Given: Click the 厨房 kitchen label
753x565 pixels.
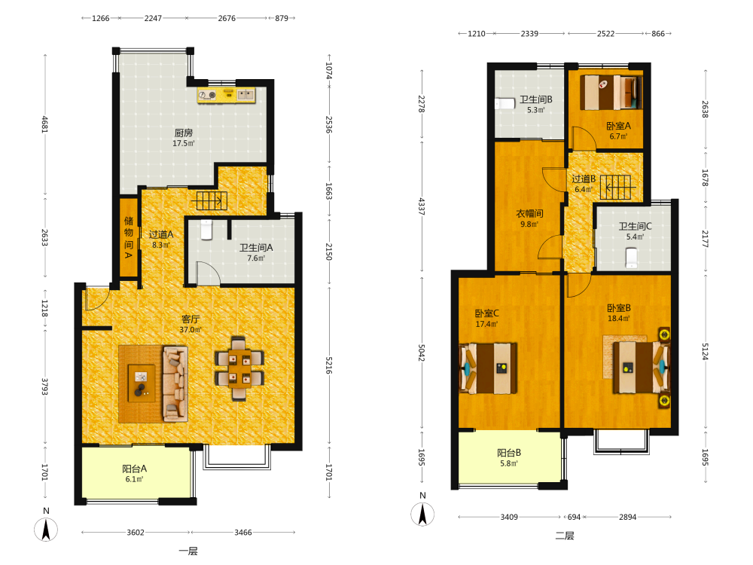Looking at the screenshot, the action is pos(184,133).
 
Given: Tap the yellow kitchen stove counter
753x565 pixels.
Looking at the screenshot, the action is pos(226,95).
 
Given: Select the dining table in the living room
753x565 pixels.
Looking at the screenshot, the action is pos(239,368).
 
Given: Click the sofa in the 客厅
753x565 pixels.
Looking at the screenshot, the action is pos(175,384).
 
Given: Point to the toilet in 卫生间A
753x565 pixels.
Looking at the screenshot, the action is pos(206,229).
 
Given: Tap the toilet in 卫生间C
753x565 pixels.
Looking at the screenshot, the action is pos(632,258).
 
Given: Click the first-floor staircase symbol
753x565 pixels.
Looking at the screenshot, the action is pos(212,201).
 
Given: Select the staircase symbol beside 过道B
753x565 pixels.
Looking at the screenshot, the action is pos(617,187).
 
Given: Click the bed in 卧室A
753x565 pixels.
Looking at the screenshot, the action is pos(611,93).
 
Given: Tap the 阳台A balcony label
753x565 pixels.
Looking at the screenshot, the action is pos(135,469).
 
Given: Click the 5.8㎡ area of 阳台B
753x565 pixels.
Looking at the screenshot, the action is pos(509,463).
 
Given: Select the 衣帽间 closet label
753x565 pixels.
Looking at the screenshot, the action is pos(529,213).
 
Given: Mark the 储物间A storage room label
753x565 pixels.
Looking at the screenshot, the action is pos(129,237).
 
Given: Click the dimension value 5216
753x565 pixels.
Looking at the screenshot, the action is pos(329,365).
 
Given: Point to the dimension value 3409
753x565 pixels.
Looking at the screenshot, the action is pos(509,517).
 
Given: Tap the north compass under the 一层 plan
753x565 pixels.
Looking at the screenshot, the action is pos(46,530).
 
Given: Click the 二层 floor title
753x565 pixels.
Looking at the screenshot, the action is pos(565,536).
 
